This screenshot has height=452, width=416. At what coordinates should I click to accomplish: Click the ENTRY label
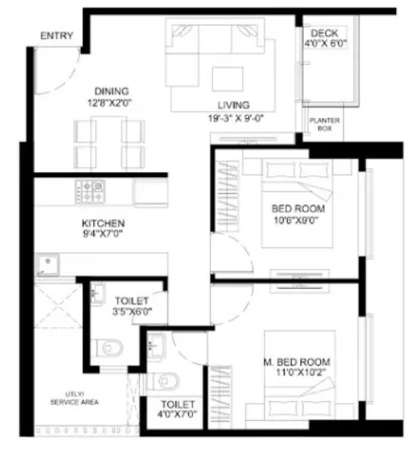click(57, 36)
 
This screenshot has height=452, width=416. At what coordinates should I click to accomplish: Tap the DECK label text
click(324, 33)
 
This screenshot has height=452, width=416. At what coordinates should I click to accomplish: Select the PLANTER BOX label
click(324, 124)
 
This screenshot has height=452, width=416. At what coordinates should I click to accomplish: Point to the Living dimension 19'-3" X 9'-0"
click(236, 118)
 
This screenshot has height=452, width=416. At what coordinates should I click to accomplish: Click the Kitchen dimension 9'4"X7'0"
click(103, 234)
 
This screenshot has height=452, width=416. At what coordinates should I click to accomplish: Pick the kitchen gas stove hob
click(90, 191)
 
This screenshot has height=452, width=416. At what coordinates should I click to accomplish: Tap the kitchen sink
click(47, 265)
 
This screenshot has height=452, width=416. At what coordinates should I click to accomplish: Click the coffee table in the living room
click(227, 79)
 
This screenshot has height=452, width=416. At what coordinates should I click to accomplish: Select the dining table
click(109, 142)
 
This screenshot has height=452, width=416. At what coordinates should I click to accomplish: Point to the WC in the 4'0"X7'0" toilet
click(163, 381)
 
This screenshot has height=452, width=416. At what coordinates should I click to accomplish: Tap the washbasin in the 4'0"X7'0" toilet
click(156, 345)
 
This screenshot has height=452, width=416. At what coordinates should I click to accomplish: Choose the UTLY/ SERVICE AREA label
click(74, 398)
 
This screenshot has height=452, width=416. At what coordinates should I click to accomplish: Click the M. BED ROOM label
click(297, 362)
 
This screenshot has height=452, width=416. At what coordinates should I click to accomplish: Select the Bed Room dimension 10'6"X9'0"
click(296, 221)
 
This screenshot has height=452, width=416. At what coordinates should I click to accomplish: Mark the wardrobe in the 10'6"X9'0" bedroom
click(227, 196)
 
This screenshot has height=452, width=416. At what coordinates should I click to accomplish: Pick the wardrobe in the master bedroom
click(220, 397)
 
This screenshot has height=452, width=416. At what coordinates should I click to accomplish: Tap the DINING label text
click(111, 92)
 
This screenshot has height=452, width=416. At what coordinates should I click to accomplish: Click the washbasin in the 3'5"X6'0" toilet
click(97, 293)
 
